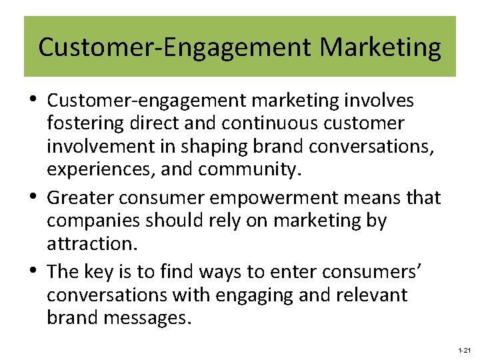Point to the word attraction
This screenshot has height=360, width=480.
pos(91,243)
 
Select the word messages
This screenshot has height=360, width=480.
pos(145,317)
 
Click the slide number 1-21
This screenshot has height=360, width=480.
pos(464,350)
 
